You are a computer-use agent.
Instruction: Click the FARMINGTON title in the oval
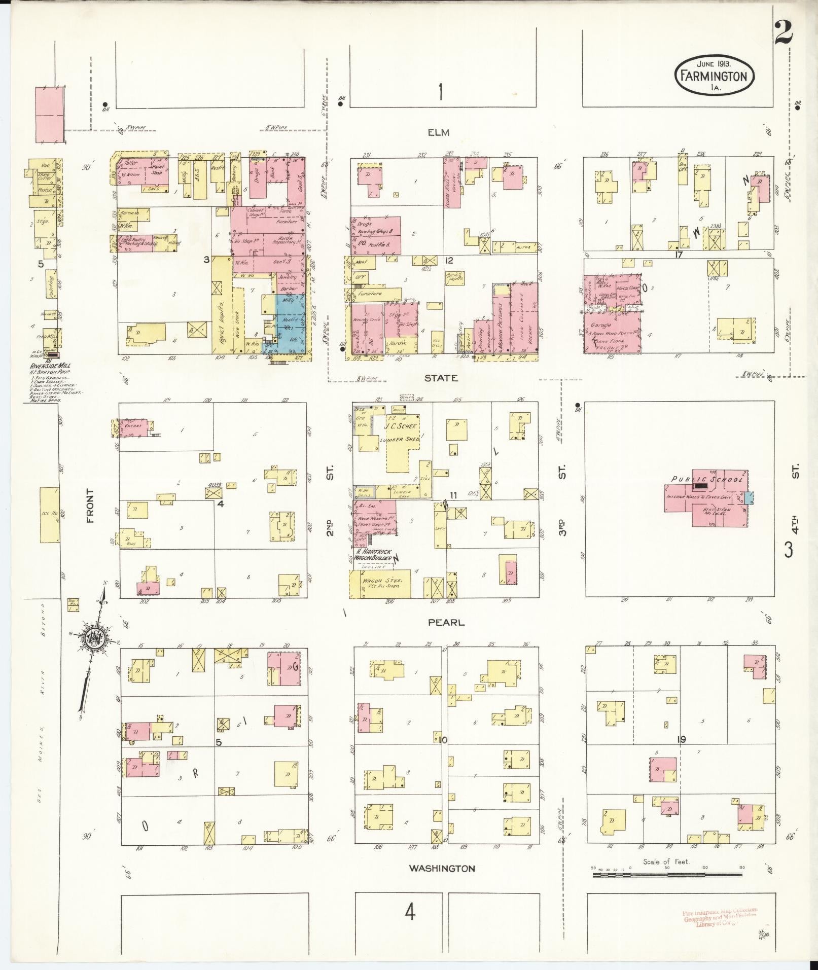pyautogui.click(x=714, y=77)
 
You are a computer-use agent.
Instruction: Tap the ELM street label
pyautogui.click(x=439, y=132)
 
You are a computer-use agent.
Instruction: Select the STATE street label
pyautogui.click(x=441, y=378)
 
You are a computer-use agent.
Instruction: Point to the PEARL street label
pyautogui.click(x=446, y=622)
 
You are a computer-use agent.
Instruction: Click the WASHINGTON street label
pyautogui.click(x=442, y=869)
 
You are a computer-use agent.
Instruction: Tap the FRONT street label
pyautogui.click(x=90, y=506)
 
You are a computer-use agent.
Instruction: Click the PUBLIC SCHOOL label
pyautogui.click(x=707, y=479)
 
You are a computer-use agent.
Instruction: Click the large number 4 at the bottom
pyautogui.click(x=410, y=913)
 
